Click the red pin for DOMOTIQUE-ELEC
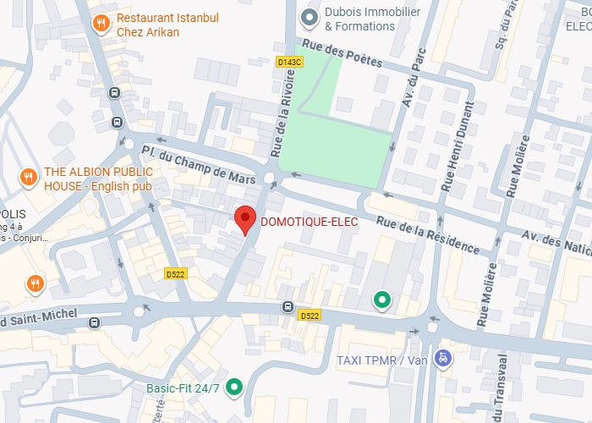click(244, 219)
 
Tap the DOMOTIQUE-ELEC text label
click(309, 222)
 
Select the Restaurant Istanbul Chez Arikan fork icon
click(101, 23)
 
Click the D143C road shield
click(289, 62)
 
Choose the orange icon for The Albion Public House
click(28, 176)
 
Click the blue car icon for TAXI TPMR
click(441, 360)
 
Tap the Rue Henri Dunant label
click(464, 136)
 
